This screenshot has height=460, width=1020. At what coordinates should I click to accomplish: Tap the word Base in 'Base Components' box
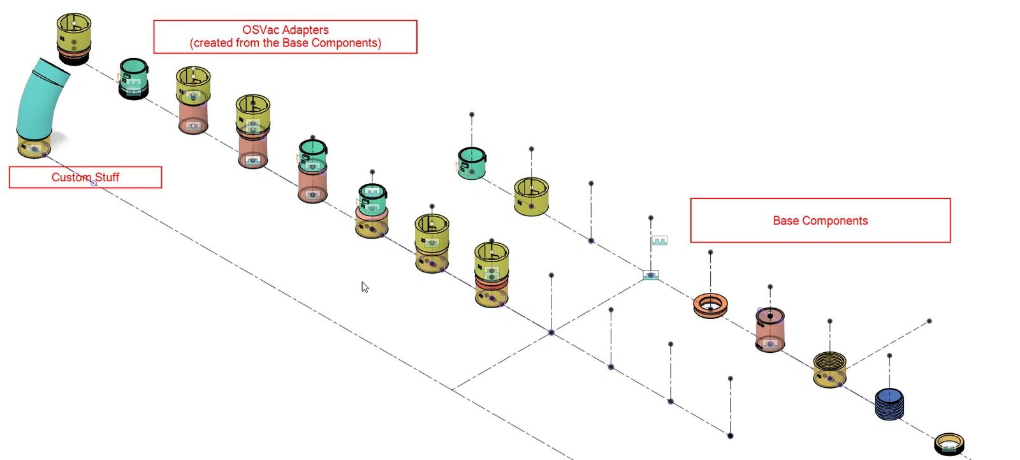[786, 221]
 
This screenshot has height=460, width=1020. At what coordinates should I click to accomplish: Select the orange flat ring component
[710, 305]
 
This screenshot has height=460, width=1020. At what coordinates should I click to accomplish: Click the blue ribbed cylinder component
[889, 404]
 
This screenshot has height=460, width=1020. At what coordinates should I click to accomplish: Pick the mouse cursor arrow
[365, 286]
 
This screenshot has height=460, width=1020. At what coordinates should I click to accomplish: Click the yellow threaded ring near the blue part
[829, 369]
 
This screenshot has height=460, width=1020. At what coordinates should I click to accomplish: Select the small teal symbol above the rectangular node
[659, 241]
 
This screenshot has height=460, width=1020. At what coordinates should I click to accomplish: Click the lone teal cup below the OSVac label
[472, 163]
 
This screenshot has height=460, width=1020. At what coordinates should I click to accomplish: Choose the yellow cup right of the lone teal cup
[532, 197]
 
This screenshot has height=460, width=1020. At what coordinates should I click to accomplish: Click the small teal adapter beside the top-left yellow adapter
[134, 78]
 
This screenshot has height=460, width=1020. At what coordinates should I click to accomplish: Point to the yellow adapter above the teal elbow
[74, 35]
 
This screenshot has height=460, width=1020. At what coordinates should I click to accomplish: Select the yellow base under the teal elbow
[34, 146]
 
